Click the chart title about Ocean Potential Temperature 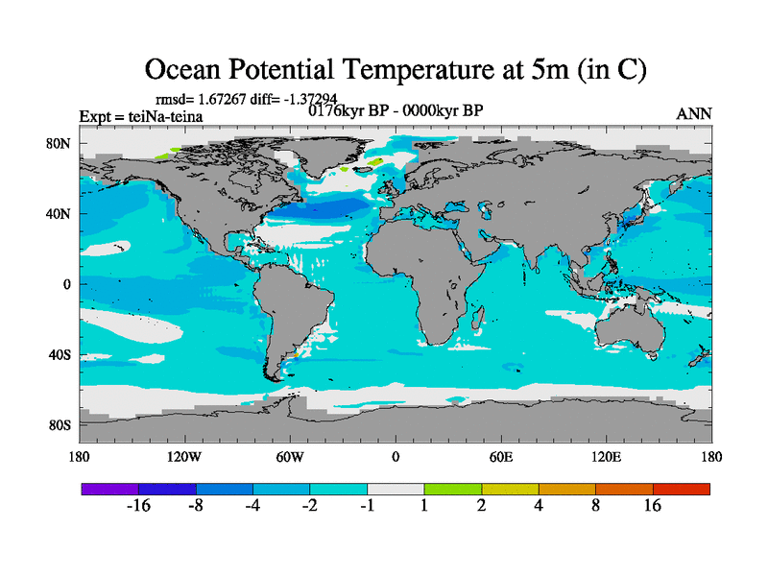[395, 69]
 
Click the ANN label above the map [694, 113]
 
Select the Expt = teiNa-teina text [140, 117]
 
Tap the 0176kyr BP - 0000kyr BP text [395, 109]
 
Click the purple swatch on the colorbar [110, 489]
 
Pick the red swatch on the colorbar [681, 489]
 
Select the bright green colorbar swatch [453, 489]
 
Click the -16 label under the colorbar [139, 506]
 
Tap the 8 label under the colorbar [596, 506]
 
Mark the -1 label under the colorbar [367, 506]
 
